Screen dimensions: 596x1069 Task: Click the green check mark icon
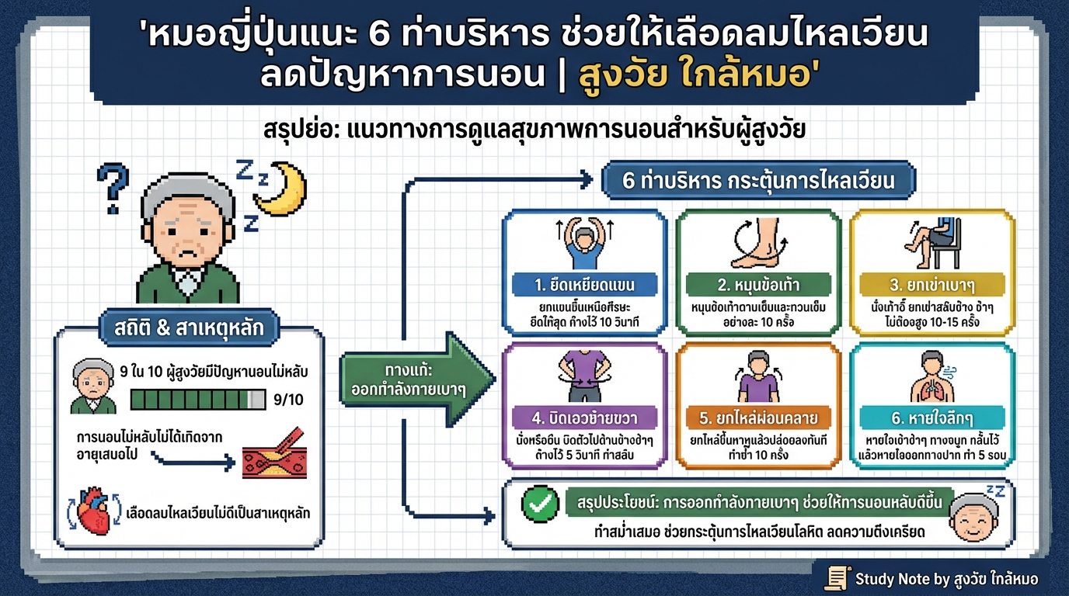(x=538, y=505)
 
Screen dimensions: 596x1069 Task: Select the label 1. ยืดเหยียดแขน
(x=584, y=284)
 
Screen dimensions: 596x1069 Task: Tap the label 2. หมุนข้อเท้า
(x=757, y=284)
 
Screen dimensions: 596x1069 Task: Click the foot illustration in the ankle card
(x=759, y=243)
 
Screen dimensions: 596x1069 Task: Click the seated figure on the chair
(x=931, y=241)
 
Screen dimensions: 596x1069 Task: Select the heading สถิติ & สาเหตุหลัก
(x=189, y=328)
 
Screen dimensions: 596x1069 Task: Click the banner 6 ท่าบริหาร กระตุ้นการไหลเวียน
(x=758, y=180)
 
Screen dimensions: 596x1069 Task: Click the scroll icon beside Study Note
(x=837, y=578)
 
